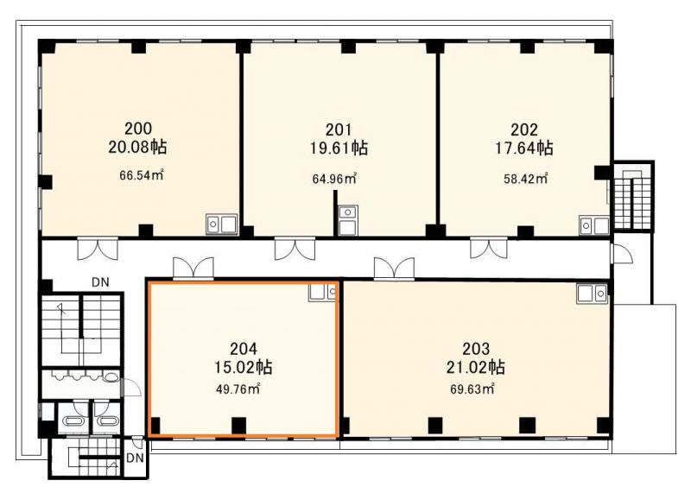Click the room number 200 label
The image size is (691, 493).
point(138,129)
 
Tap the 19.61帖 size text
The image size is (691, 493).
point(339,148)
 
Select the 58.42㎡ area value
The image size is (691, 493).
point(526,179)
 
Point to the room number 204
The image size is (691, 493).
point(244,349)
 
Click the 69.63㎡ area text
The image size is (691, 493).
point(472,389)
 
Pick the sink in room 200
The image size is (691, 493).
point(222,224)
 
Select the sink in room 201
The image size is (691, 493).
point(348,221)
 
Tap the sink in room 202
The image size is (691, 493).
point(594,225)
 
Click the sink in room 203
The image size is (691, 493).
point(592,294)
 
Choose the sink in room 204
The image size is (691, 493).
point(322,292)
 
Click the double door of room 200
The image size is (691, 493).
point(98,249)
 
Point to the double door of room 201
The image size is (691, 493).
point(295,249)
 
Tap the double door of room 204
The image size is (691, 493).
point(193,269)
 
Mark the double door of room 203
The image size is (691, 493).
point(394,269)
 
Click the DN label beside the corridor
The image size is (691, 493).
point(100,282)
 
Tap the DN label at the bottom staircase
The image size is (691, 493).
point(135,458)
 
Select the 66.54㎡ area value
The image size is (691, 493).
point(142,175)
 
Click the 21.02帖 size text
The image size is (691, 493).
point(476,367)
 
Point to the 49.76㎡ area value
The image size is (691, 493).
point(238,389)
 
